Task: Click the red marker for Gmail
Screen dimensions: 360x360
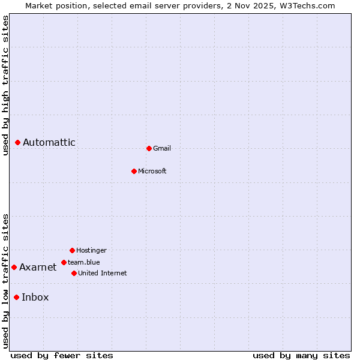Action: [149, 148]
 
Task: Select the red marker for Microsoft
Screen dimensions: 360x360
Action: [134, 171]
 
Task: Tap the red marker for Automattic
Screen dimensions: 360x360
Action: [17, 142]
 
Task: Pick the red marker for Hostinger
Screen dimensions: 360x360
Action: [72, 250]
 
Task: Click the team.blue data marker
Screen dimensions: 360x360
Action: [64, 262]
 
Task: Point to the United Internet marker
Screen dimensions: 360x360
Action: [74, 273]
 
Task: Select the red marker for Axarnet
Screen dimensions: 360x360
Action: [14, 267]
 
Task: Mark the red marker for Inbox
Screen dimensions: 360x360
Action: [16, 297]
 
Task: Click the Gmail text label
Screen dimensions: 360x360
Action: [162, 148]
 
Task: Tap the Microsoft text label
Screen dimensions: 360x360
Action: [152, 171]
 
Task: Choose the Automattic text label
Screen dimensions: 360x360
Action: [49, 142]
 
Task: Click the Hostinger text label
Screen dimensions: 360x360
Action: [91, 250]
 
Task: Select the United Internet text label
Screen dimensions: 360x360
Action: [103, 273]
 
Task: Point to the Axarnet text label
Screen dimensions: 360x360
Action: [38, 267]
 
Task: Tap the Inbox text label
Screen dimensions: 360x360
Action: [35, 297]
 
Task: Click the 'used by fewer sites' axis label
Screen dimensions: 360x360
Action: [62, 355]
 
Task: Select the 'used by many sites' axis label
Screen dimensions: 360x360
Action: [301, 355]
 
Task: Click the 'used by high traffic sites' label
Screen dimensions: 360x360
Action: [5, 85]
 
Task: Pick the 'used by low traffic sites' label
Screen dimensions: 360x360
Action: [5, 281]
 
